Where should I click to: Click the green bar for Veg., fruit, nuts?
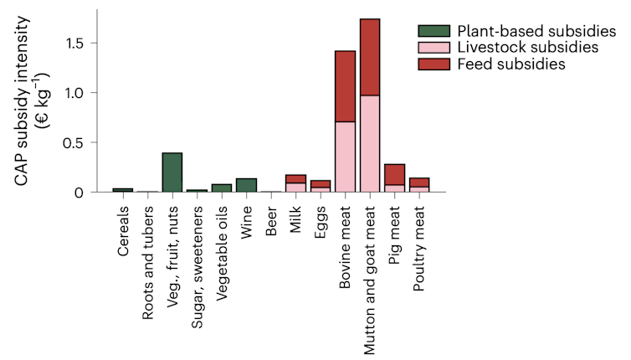pos(172,172)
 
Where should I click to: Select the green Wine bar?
pos(246,185)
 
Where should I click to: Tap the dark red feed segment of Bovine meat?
pos(345,86)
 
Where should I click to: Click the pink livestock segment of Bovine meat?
pos(345,157)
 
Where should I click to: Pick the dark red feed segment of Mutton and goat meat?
pos(370,57)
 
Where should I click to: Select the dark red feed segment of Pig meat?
pos(394,174)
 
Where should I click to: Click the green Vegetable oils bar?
pos(221,188)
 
